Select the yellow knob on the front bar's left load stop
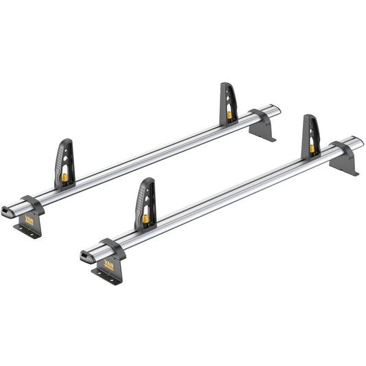point(146,218)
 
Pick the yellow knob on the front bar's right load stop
point(312,148)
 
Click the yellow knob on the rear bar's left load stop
point(65,177)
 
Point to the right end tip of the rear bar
point(278,108)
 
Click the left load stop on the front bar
point(145,205)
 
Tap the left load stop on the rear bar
point(65,165)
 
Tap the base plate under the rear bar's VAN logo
point(27,233)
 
